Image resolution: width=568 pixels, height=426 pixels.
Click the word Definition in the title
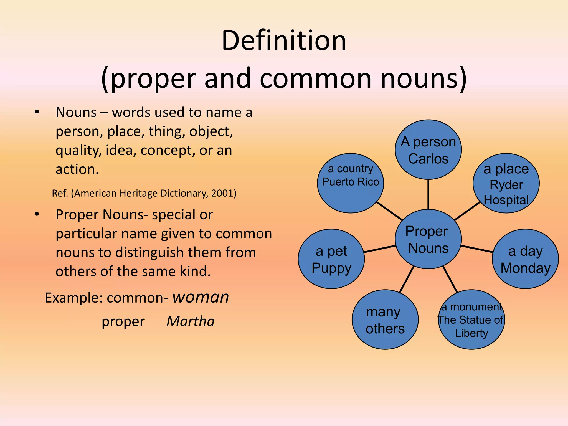tap(284, 41)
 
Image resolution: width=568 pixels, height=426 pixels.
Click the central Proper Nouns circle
tap(428, 239)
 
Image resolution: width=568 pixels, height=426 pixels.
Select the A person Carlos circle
tap(428, 150)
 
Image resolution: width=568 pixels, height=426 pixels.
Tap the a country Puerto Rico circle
tap(350, 183)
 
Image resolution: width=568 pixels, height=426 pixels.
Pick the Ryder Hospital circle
tap(506, 183)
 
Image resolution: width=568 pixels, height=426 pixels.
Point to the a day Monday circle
tap(525, 259)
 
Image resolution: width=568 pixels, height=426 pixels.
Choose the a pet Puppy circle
tap(331, 259)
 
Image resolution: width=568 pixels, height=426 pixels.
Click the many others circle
tap(385, 320)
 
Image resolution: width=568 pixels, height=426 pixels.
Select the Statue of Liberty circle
tap(471, 320)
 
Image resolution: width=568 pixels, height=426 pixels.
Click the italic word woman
tap(201, 297)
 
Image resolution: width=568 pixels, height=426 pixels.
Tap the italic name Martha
tap(191, 321)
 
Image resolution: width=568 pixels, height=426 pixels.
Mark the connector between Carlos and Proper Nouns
tap(428, 194)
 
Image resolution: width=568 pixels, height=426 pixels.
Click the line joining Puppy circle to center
tap(379, 249)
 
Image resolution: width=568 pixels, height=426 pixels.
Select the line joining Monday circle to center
tap(477, 249)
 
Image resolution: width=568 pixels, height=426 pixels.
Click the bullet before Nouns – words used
tap(37, 112)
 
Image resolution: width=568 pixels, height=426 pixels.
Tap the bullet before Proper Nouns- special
tap(37, 214)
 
